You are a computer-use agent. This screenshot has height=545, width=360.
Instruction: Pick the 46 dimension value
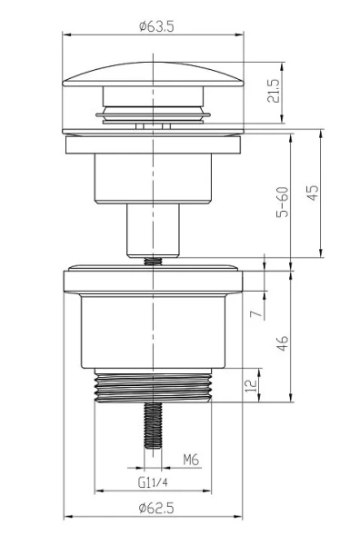pyautogui.click(x=283, y=342)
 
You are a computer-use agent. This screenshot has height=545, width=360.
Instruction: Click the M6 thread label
pyautogui.click(x=191, y=461)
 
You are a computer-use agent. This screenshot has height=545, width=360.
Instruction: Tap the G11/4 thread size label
pyautogui.click(x=154, y=482)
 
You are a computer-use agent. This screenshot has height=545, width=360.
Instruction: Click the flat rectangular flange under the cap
pyautogui.click(x=154, y=144)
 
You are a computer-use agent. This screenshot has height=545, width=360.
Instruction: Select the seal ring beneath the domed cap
pyautogui.click(x=154, y=114)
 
